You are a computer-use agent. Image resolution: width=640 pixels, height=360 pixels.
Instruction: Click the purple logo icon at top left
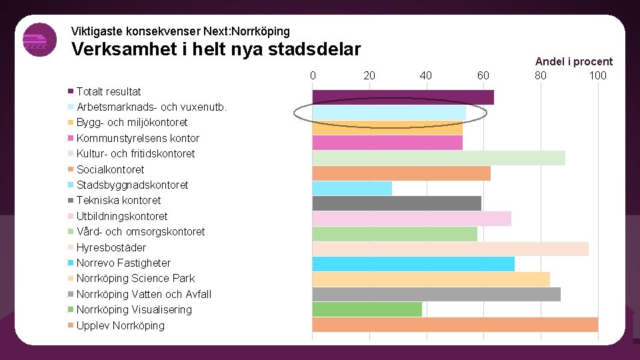39,40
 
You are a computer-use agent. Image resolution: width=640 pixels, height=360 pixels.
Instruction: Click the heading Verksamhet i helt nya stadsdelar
216,50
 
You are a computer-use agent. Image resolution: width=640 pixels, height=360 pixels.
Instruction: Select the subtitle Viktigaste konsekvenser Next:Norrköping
180,31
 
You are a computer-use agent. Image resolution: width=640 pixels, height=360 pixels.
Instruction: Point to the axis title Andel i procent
573,61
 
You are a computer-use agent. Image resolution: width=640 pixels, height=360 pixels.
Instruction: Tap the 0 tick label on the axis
313,75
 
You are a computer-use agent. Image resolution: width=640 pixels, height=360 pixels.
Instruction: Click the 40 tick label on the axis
426,75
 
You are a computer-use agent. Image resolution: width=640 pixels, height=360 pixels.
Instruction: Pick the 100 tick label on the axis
597,75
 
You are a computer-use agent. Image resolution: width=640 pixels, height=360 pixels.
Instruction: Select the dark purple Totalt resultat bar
403,97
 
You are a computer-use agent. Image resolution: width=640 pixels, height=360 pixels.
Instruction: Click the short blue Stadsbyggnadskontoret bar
352,188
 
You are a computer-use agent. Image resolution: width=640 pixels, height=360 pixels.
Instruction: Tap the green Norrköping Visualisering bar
367,309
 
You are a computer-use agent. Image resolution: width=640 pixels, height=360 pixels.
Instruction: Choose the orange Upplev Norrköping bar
455,325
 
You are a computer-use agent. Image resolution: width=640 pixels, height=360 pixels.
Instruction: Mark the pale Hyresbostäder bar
450,249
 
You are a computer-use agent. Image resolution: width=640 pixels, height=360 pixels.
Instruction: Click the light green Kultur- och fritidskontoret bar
438,158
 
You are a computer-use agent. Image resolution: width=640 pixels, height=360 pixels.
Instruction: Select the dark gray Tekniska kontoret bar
397,203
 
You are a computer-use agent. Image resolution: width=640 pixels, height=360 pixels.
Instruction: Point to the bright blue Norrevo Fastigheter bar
413,264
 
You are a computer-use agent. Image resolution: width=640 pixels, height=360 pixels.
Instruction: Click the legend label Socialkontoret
110,169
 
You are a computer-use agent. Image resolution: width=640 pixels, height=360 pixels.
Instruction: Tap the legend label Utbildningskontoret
122,216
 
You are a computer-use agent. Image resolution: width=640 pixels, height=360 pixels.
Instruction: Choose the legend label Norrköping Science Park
135,278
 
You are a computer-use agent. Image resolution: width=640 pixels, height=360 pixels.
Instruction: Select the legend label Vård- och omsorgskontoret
141,231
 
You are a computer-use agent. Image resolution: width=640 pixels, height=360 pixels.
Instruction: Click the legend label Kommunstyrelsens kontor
137,138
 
